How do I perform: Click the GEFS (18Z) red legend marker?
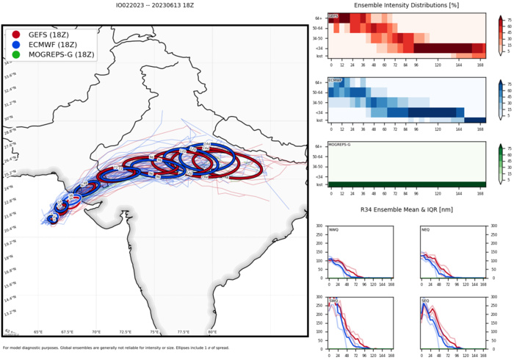click(x=16, y=35)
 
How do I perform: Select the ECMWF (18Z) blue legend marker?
click(x=16, y=45)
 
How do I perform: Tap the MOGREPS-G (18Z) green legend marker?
click(x=16, y=55)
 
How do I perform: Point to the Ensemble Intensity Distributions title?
click(x=406, y=6)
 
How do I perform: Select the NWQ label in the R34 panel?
click(x=334, y=230)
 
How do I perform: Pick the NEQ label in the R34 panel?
click(x=425, y=230)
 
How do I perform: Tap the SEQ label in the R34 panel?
click(x=425, y=301)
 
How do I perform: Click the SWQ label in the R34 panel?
click(x=334, y=301)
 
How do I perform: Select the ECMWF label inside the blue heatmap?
click(x=334, y=80)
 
